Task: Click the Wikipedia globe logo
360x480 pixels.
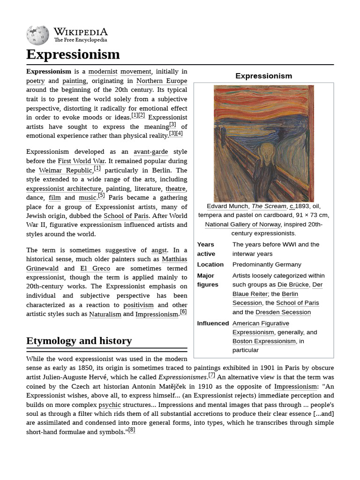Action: (x=37, y=35)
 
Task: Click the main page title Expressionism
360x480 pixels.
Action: (x=73, y=54)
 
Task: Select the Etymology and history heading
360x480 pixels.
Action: (x=79, y=341)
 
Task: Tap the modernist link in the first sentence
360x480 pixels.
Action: (x=103, y=72)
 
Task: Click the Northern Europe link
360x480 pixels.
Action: (x=161, y=81)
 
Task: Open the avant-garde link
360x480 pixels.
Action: (x=150, y=152)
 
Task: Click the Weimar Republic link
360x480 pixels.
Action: (x=65, y=171)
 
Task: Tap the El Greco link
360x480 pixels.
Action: (x=95, y=269)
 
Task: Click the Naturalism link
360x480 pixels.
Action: (x=105, y=314)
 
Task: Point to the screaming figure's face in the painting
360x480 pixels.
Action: (x=267, y=152)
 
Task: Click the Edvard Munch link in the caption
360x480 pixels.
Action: (x=227, y=206)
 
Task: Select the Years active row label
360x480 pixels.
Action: (x=206, y=249)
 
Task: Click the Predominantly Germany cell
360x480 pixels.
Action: (x=267, y=264)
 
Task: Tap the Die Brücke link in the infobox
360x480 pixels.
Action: (x=292, y=285)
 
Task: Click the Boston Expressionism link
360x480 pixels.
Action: (x=264, y=341)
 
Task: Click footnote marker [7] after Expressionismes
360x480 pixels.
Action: (x=212, y=375)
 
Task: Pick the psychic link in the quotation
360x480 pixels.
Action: (x=109, y=405)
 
